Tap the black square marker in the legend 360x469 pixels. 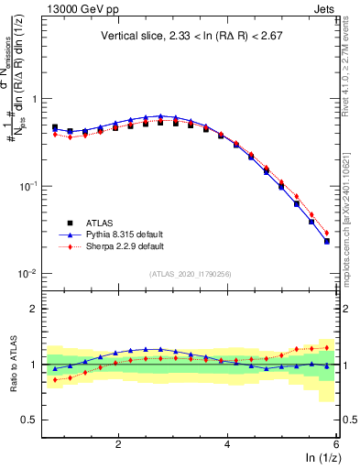[56, 223]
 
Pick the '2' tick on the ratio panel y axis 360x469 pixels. [34, 309]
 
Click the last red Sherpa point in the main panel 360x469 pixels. [327, 233]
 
